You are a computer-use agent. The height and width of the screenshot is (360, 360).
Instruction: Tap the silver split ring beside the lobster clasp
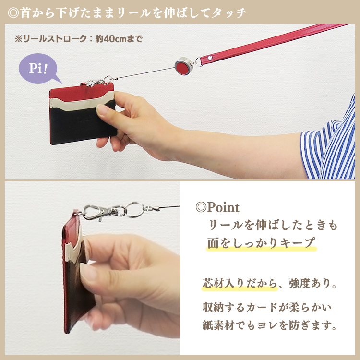tap(136, 209)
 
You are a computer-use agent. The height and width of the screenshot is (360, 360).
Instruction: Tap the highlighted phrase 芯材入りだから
tap(239, 284)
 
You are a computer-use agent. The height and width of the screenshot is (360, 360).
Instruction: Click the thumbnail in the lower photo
tap(88, 272)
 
